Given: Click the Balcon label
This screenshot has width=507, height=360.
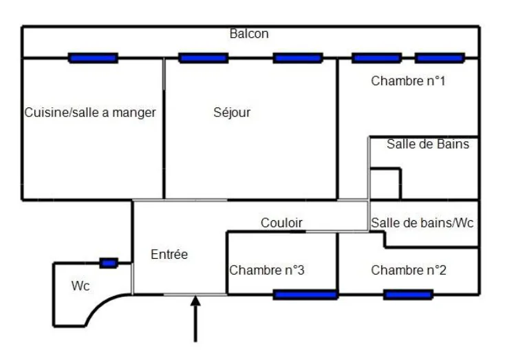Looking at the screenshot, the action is [x=249, y=34].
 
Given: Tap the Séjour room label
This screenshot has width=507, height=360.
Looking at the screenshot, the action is [x=232, y=113].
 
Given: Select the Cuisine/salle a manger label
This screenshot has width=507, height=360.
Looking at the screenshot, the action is [x=90, y=113].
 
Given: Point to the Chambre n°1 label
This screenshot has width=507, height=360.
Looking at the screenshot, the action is [x=408, y=81].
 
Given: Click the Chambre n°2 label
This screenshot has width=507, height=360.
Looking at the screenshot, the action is [x=409, y=270].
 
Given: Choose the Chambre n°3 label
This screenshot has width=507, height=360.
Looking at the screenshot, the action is [x=267, y=270].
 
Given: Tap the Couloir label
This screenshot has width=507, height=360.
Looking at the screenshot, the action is [x=281, y=223].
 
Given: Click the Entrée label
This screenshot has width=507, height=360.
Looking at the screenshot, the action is [x=169, y=254].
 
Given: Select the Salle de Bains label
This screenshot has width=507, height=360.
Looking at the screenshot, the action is [x=428, y=144].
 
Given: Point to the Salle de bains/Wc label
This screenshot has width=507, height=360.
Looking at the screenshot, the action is [x=422, y=223].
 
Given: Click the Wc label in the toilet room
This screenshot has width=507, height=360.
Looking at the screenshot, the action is [x=80, y=286].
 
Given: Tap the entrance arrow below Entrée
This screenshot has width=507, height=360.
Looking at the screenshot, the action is [x=195, y=319].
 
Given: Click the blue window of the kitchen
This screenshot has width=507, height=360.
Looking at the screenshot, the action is [x=93, y=59].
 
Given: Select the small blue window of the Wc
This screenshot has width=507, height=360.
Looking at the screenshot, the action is [x=109, y=263].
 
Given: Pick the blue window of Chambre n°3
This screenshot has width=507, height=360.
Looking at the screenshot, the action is [x=305, y=295].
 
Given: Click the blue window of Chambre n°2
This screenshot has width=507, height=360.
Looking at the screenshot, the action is [x=408, y=295].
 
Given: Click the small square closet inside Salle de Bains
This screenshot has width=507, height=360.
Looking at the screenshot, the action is [x=385, y=184].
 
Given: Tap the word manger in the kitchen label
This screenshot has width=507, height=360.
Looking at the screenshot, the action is [x=134, y=113].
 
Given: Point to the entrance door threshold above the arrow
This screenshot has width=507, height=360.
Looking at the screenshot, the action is [x=195, y=295].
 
